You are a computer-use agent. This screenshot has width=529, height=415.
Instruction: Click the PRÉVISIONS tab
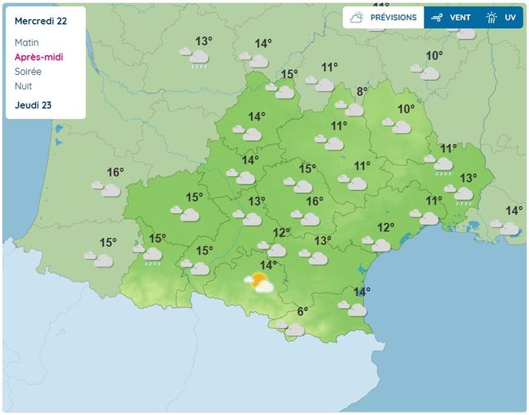pyautogui.click(x=383, y=18)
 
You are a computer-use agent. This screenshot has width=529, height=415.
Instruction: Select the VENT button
pyautogui.click(x=451, y=18)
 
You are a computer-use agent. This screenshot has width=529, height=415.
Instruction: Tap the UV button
pyautogui.click(x=501, y=18)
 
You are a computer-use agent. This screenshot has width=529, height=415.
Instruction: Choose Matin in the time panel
pyautogui.click(x=26, y=42)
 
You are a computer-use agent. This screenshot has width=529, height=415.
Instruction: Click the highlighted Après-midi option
pyautogui.click(x=38, y=57)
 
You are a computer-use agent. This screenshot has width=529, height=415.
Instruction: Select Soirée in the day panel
pyautogui.click(x=28, y=71)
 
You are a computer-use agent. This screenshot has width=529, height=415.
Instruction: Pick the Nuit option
pyautogui.click(x=23, y=85)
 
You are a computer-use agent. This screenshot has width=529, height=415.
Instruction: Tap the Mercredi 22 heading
pyautogui.click(x=40, y=21)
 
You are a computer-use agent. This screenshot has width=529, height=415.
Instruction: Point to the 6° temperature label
pyautogui.click(x=302, y=312)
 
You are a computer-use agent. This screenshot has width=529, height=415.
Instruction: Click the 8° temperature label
pyautogui.click(x=361, y=92)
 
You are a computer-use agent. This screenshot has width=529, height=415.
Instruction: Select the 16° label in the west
pyautogui.click(x=116, y=172)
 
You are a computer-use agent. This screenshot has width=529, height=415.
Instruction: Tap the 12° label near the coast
pyautogui.click(x=385, y=227)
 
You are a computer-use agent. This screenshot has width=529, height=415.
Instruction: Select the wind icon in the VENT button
pyautogui.click(x=436, y=18)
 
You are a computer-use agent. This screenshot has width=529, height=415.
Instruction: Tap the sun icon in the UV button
pyautogui.click(x=491, y=18)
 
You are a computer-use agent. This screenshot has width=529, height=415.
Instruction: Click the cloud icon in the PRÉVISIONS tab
pyautogui.click(x=357, y=18)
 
